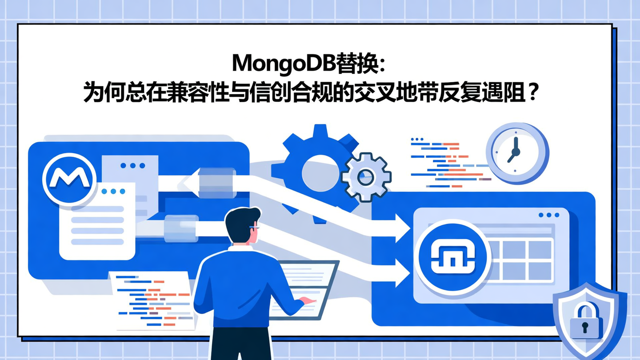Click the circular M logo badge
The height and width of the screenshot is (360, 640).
[69, 179]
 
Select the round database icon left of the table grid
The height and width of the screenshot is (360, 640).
[453, 257]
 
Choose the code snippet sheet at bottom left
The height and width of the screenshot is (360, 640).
[153, 300]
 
